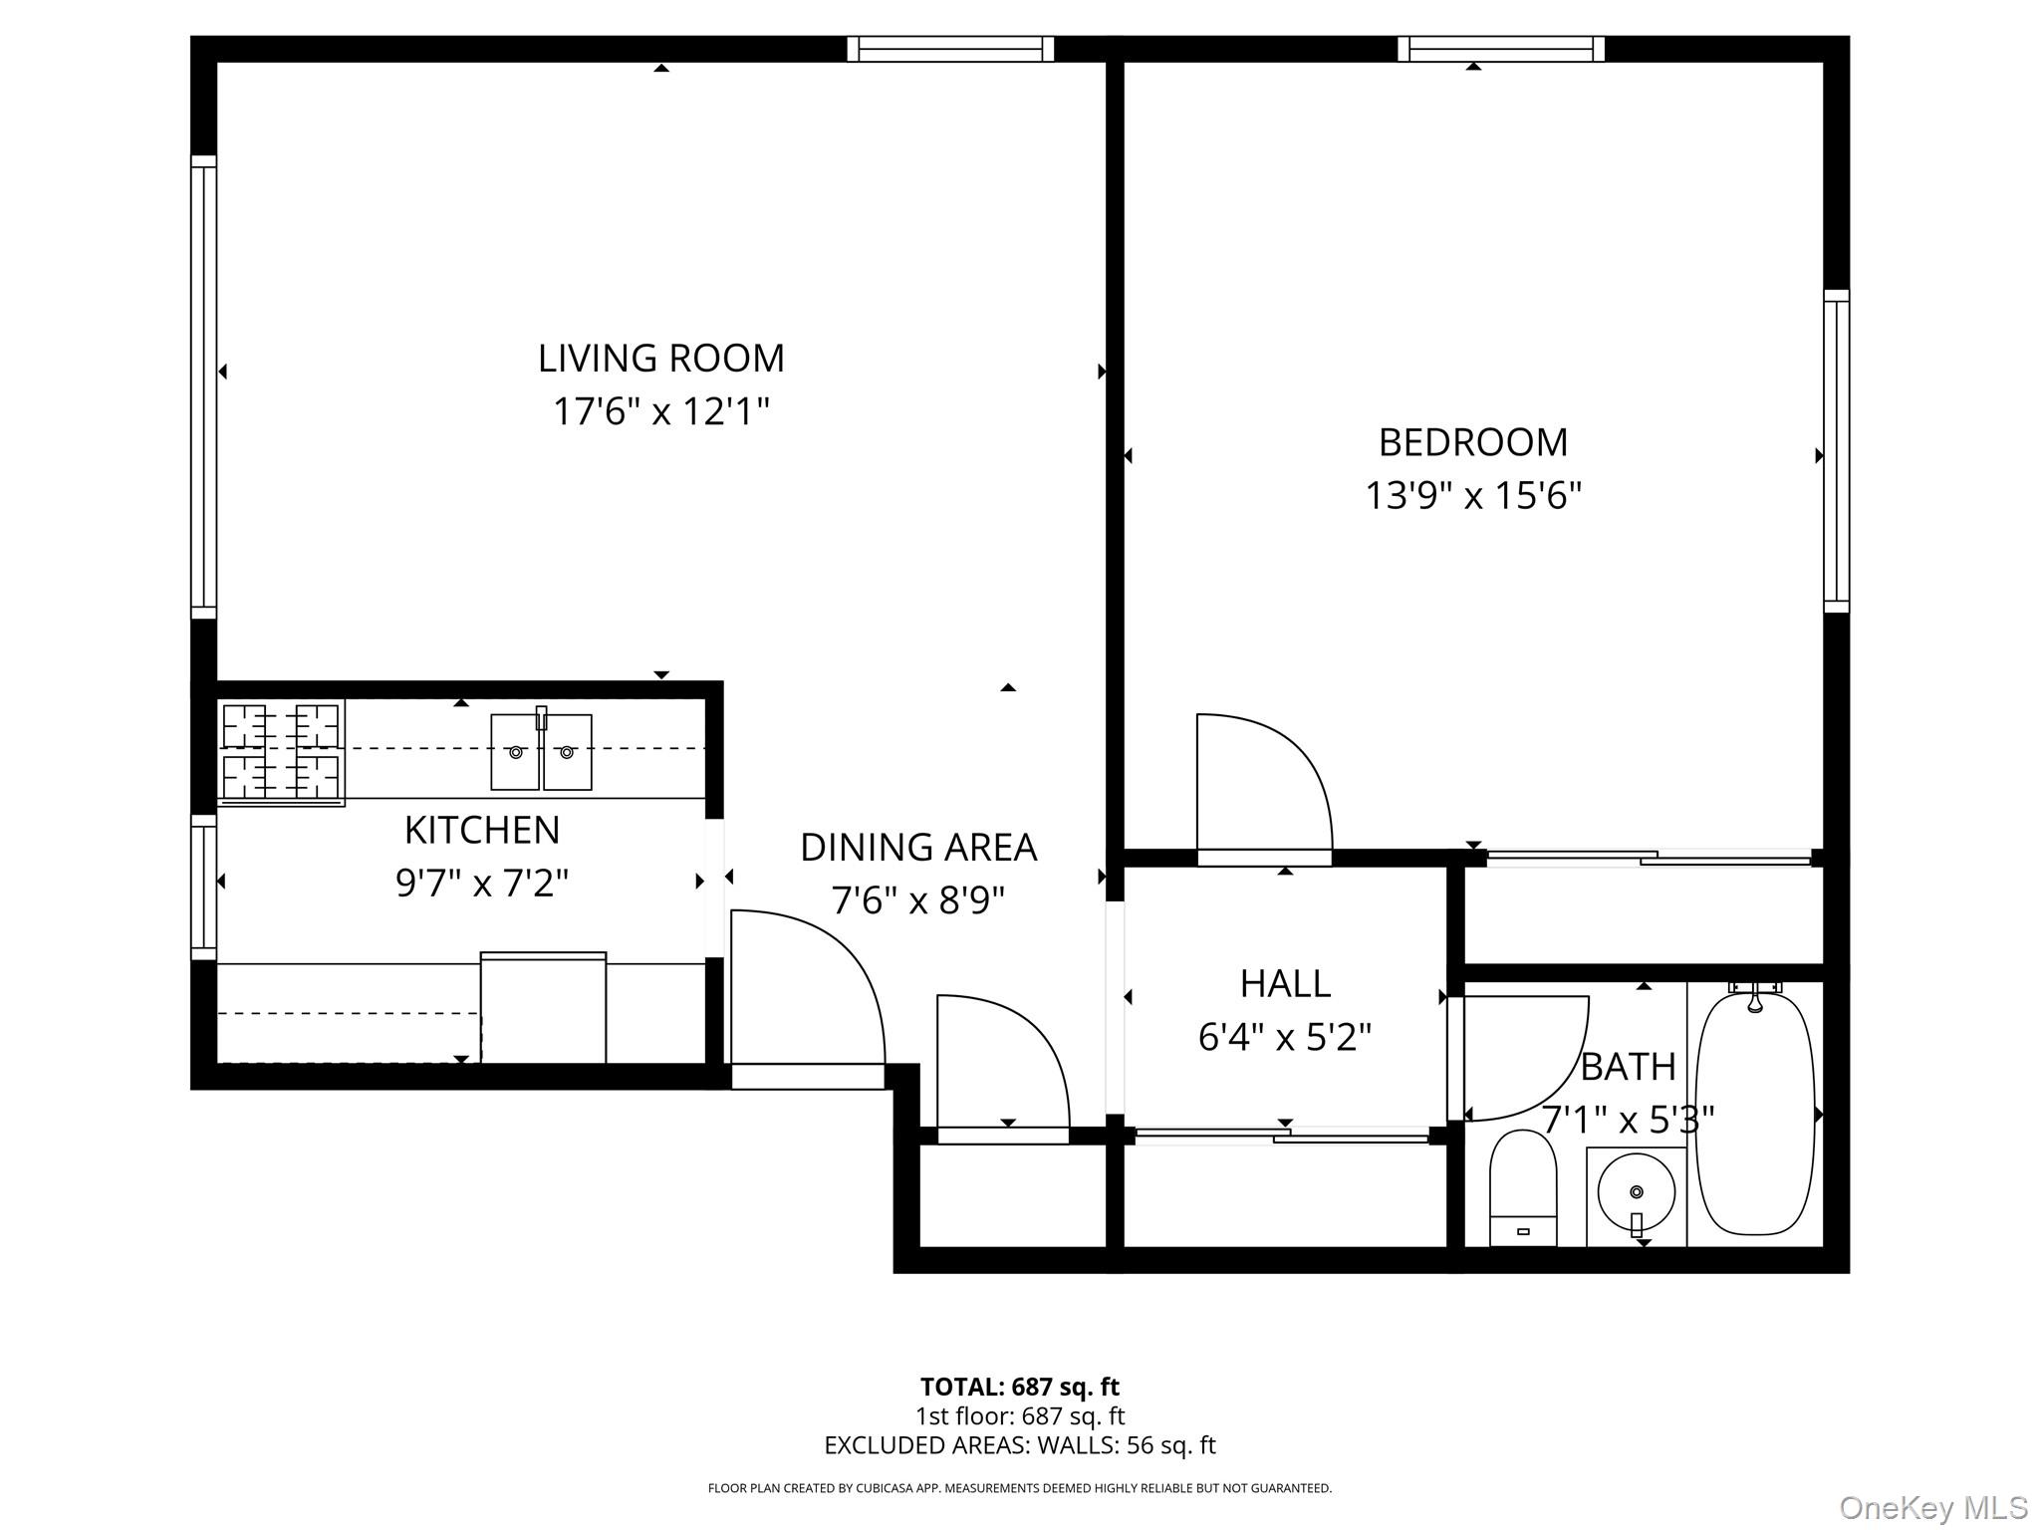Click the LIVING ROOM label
click(x=661, y=359)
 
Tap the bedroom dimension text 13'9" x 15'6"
click(x=1473, y=495)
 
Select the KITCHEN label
click(x=482, y=830)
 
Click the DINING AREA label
click(x=918, y=848)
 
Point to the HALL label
click(x=1285, y=984)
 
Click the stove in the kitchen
click(x=281, y=752)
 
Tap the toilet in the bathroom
click(x=1523, y=1187)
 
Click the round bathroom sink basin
click(x=1637, y=1191)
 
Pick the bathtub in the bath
click(x=1755, y=1112)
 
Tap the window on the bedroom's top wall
click(x=1501, y=49)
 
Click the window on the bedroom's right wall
click(x=1837, y=450)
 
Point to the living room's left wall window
click(x=203, y=386)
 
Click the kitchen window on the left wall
click(x=203, y=888)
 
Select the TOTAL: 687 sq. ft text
click(x=1020, y=1387)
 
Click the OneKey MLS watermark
click(x=1933, y=1507)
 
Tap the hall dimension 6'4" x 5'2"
click(x=1285, y=1038)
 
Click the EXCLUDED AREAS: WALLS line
click(x=1020, y=1445)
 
